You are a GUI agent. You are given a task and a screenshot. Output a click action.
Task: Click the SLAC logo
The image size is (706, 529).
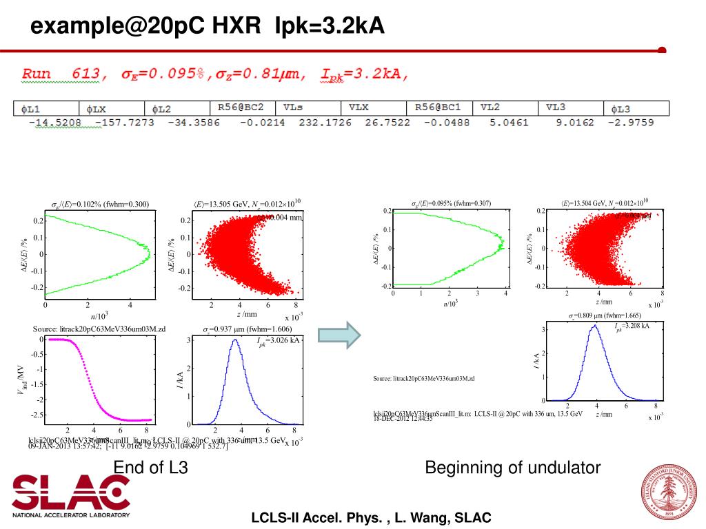[71, 494]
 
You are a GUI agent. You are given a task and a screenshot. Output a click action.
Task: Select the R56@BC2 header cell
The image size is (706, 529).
[241, 108]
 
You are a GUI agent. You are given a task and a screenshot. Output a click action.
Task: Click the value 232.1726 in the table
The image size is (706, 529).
[325, 123]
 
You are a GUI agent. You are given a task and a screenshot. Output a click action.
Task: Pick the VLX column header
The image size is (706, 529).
[359, 108]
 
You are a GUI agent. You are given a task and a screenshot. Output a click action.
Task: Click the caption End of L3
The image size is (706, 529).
[151, 468]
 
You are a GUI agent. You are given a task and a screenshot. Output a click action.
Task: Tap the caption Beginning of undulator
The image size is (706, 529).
[513, 468]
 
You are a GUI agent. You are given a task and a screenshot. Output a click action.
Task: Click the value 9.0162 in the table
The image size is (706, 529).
[574, 123]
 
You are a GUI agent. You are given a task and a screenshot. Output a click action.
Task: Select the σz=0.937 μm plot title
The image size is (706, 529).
[248, 329]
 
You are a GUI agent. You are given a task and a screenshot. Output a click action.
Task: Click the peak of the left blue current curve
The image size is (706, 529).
[236, 340]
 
